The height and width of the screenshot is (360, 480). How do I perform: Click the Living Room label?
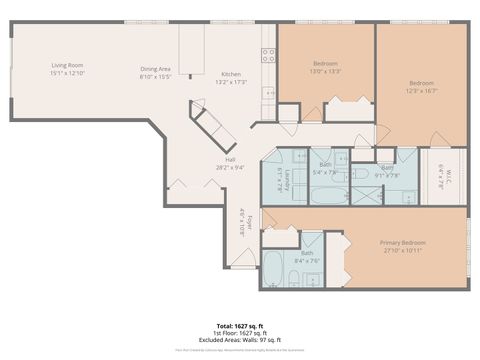[67, 65]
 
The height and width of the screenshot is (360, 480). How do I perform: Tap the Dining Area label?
[156, 68]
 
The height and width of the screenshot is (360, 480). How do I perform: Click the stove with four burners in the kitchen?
[268, 55]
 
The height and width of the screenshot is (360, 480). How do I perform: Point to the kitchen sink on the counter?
[268, 93]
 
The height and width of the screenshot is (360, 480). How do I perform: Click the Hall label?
[230, 160]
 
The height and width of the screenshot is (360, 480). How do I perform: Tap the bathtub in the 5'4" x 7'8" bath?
[329, 192]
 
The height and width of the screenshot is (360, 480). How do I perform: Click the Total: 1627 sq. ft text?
[240, 327]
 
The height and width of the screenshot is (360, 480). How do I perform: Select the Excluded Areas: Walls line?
[240, 340]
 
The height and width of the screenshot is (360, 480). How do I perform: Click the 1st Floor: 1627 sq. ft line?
[240, 334]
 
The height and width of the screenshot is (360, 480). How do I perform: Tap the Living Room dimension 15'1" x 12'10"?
[67, 73]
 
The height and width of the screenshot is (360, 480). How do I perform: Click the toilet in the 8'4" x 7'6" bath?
[312, 277]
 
